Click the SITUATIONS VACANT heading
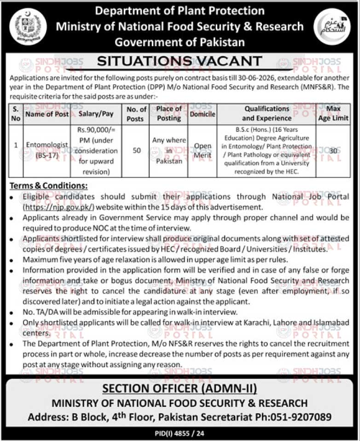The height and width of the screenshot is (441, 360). (180, 61)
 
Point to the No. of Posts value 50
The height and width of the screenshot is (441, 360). (137, 150)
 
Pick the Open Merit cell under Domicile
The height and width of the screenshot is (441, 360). (203, 150)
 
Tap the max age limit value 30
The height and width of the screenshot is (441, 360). (335, 150)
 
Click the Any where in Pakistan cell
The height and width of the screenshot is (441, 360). (169, 150)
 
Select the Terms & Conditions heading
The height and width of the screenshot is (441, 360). (48, 186)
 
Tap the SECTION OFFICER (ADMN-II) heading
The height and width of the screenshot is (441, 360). (180, 388)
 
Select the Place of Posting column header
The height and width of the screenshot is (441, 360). (169, 114)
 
